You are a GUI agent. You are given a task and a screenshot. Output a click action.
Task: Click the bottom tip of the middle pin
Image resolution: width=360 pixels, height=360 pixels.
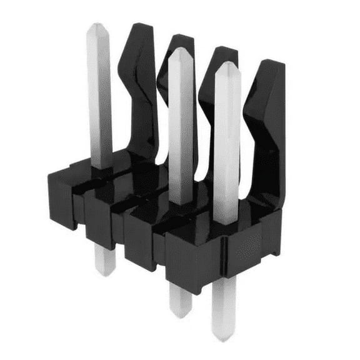point(181,314)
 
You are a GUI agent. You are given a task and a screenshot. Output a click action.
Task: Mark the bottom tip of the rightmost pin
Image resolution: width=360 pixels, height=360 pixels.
point(224,338)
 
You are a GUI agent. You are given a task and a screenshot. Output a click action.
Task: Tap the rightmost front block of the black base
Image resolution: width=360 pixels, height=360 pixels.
point(191,262)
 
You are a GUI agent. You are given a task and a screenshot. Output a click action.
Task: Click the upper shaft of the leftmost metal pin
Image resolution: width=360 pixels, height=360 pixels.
point(99,94)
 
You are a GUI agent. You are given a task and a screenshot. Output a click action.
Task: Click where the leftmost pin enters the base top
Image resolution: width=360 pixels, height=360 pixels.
point(101,166)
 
